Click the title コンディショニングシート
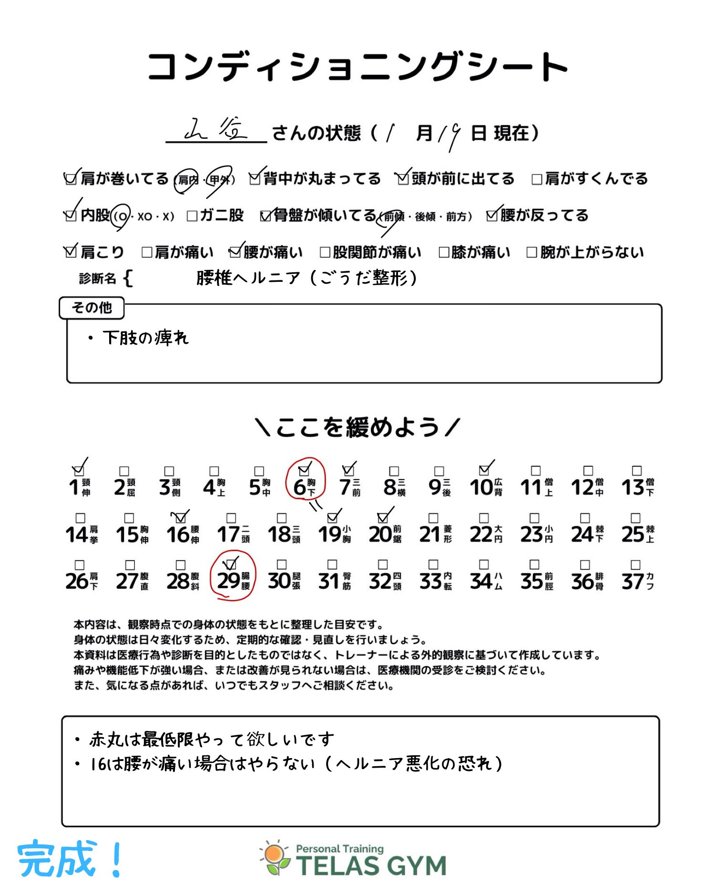(x=357, y=67)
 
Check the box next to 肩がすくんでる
(x=537, y=179)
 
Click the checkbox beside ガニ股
(x=192, y=216)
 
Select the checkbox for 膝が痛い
(x=444, y=252)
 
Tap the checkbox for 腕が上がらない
(x=531, y=252)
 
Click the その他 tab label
(x=92, y=308)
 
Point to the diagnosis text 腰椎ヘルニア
(x=248, y=277)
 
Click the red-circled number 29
(x=228, y=581)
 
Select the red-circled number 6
(x=300, y=487)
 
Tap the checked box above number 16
(x=180, y=518)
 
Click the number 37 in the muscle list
(x=633, y=581)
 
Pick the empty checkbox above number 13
(x=636, y=471)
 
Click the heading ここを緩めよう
(x=357, y=427)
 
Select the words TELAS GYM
(x=371, y=865)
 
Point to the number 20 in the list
(x=380, y=534)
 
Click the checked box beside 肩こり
(x=71, y=252)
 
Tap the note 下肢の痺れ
(x=145, y=338)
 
